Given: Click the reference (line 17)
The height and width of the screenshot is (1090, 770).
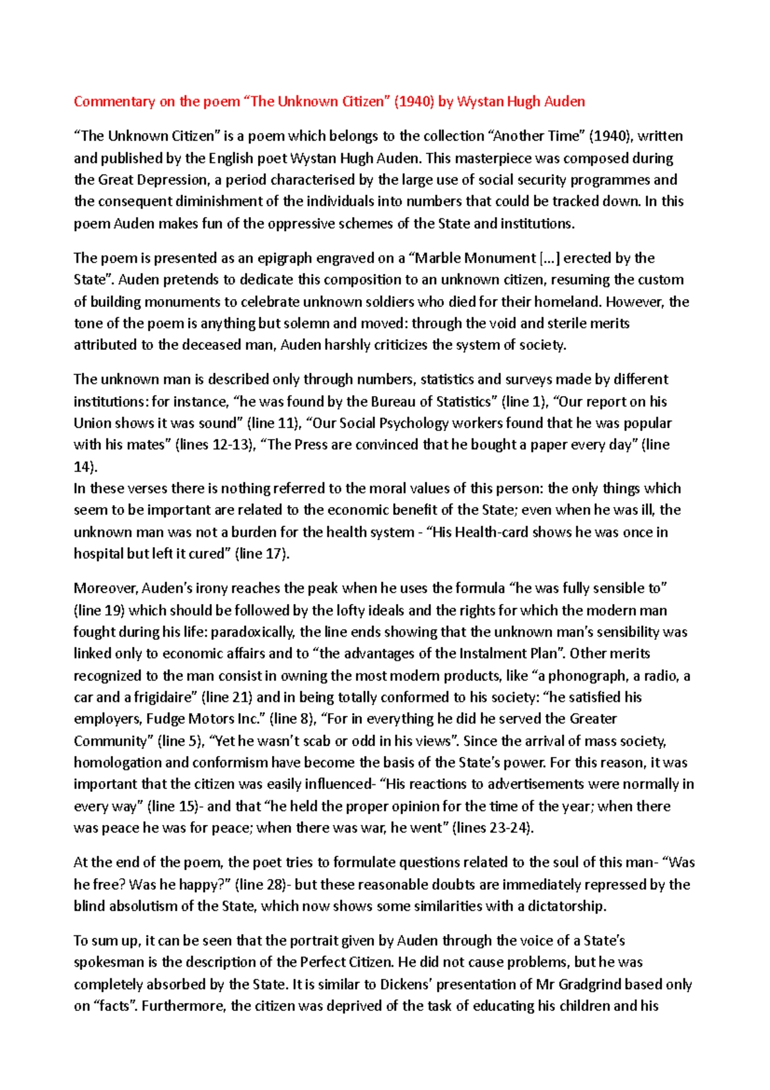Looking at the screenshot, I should click(262, 554).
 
